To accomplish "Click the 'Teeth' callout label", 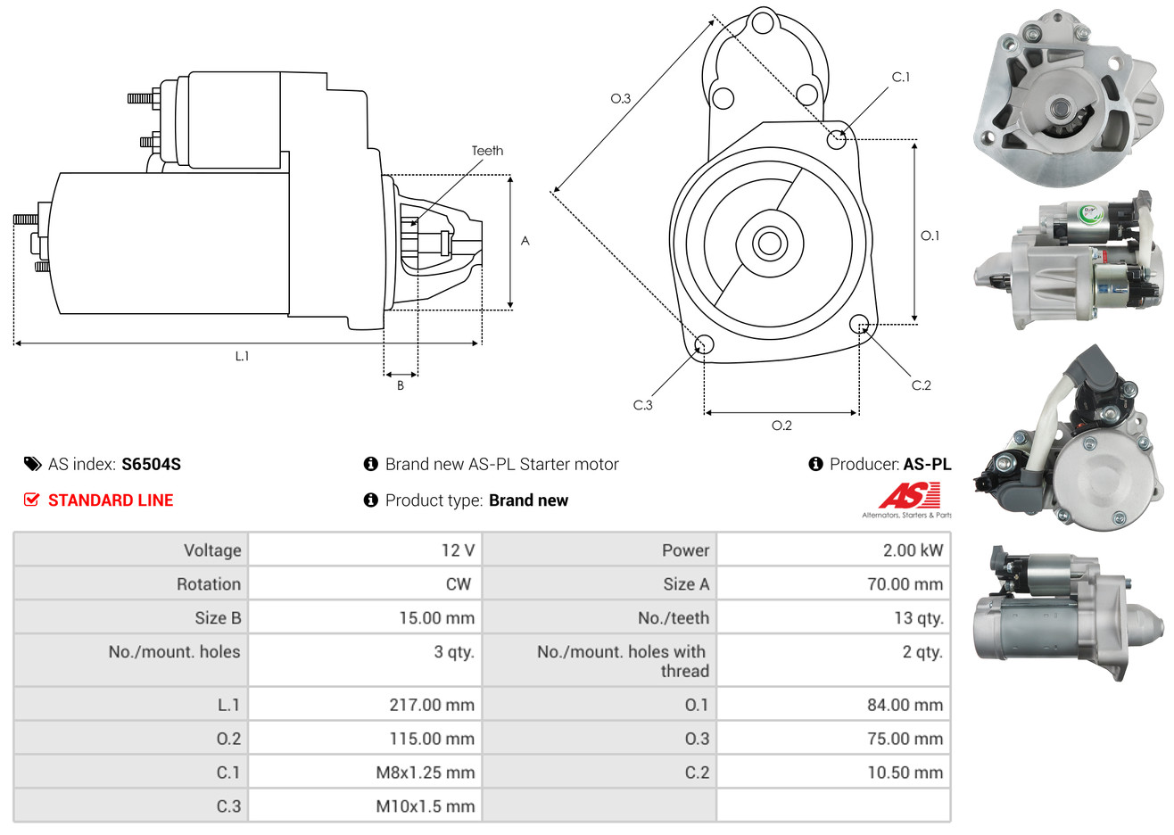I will pos(487,151).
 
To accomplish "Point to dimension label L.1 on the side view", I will pos(242,356).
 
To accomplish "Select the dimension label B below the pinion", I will pos(401,385).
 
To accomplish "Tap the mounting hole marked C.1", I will pos(837,139).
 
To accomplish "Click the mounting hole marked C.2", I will pos(859,323).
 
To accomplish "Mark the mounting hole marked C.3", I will pos(704,345).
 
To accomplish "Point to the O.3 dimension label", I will pos(621,98).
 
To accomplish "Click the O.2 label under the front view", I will pos(781,426).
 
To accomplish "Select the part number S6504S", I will pos(151,464).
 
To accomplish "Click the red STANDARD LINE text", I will pos(111,500).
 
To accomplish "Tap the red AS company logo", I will pos(909,496).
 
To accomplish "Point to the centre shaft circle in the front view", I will pos(768,243).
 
